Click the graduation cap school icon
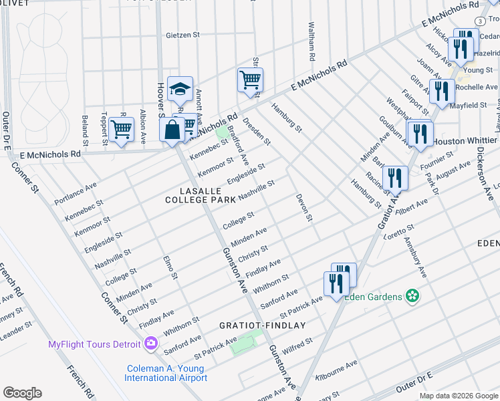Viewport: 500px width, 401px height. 180,88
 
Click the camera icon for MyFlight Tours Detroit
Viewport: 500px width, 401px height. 151,344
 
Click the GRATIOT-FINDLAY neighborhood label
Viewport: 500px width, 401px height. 263,325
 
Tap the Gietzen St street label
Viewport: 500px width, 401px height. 183,35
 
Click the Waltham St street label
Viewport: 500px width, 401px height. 311,41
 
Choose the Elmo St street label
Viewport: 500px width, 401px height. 170,267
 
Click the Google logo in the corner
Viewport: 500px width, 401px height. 22,393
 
